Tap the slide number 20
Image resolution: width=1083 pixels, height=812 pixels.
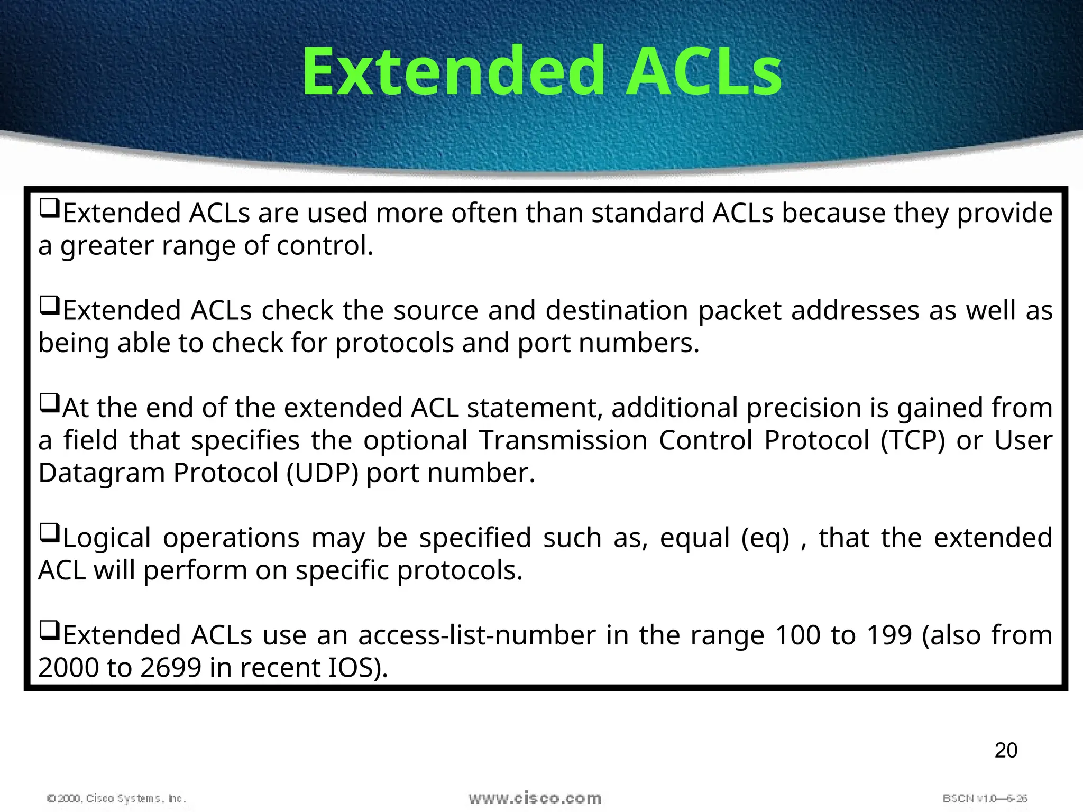(1005, 750)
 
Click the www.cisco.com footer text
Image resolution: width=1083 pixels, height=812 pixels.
(535, 798)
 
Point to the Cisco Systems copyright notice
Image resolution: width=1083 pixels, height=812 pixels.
(116, 798)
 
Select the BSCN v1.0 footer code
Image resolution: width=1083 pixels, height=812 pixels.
(985, 798)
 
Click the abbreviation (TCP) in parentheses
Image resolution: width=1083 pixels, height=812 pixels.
(912, 440)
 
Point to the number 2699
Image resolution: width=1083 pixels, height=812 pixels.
(171, 668)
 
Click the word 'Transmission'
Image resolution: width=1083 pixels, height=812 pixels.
(563, 440)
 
